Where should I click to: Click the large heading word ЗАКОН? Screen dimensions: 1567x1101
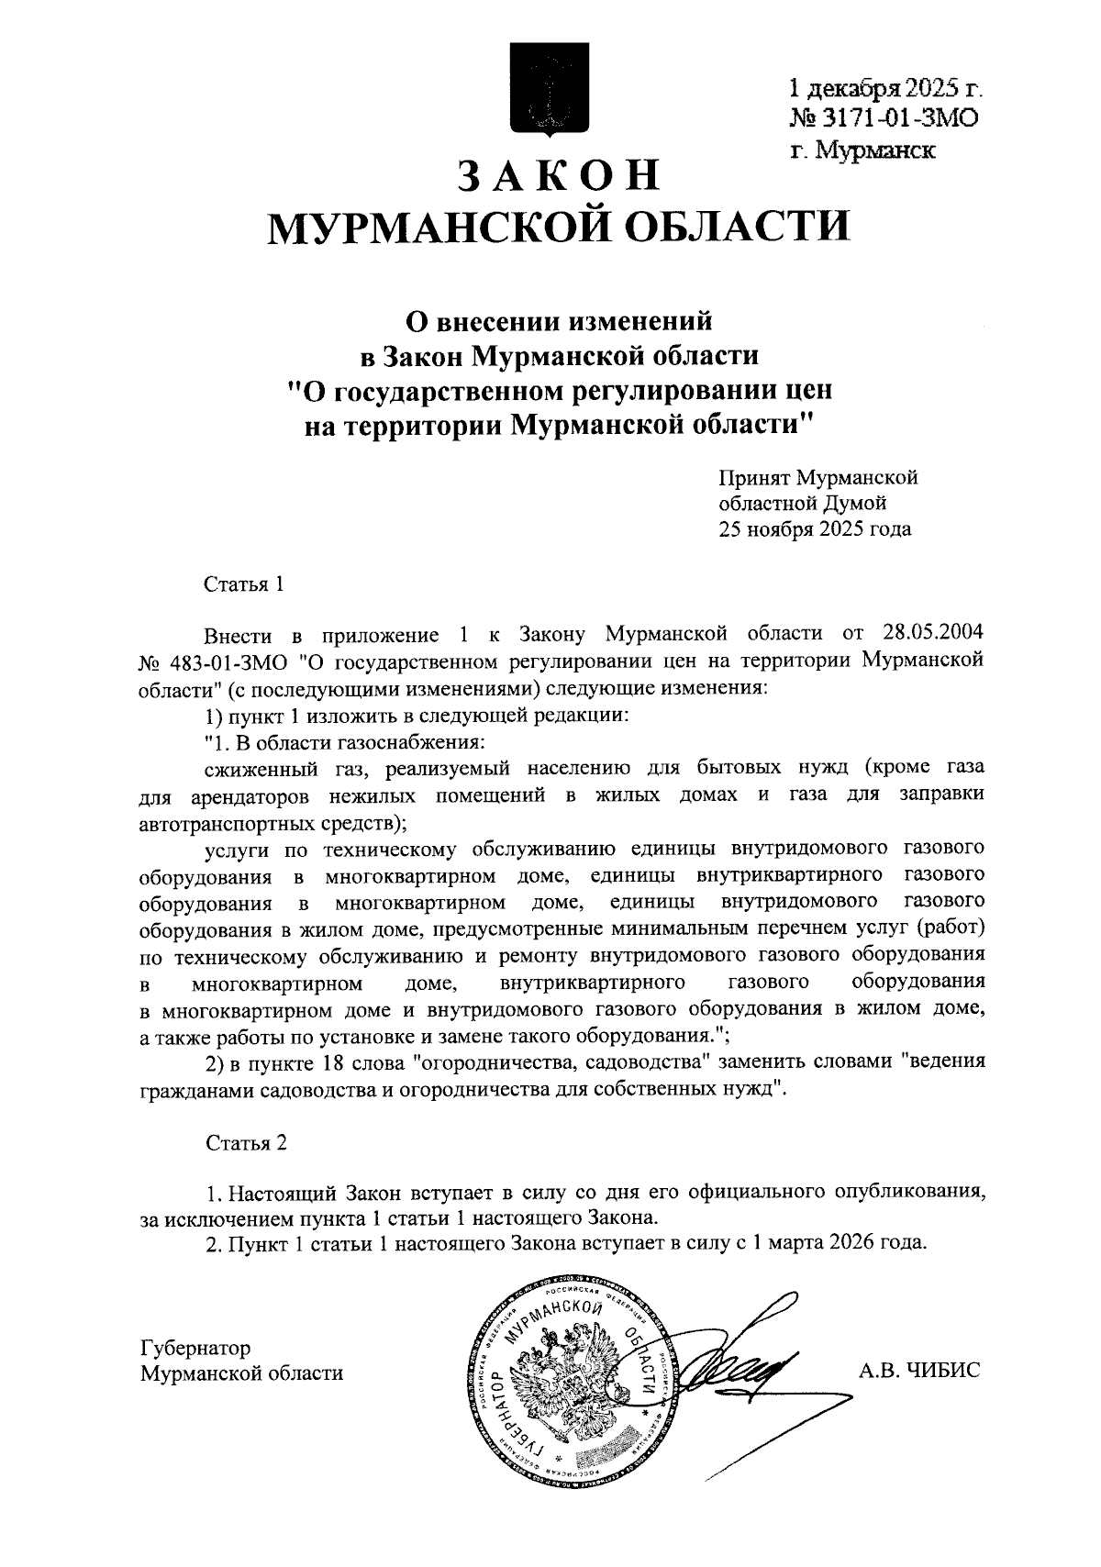[x=558, y=175]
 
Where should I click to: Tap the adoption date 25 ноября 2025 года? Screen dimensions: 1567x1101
[x=815, y=528]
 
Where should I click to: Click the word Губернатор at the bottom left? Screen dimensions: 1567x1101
[x=195, y=1347]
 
